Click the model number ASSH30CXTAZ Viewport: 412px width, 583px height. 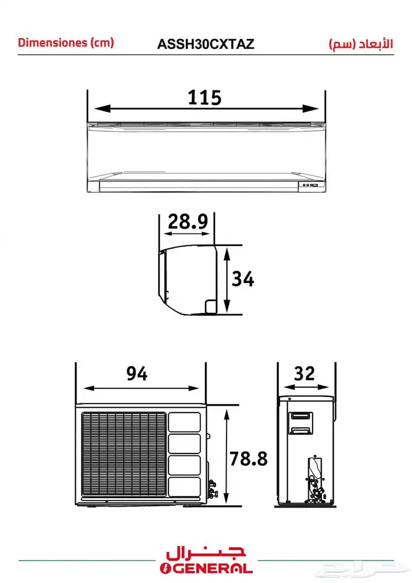coord(205,44)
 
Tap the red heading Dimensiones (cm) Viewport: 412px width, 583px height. coord(66,42)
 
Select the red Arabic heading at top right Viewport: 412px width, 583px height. coord(361,44)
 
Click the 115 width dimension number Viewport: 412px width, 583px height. coord(204,98)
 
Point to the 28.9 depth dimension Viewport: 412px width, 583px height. coord(188,222)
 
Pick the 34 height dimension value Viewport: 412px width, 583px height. coord(243,279)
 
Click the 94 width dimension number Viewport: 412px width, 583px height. coord(137,374)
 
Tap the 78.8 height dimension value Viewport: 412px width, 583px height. coord(248,459)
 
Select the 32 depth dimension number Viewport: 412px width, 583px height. coord(304,374)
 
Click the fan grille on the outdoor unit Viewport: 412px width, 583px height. coord(124,454)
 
